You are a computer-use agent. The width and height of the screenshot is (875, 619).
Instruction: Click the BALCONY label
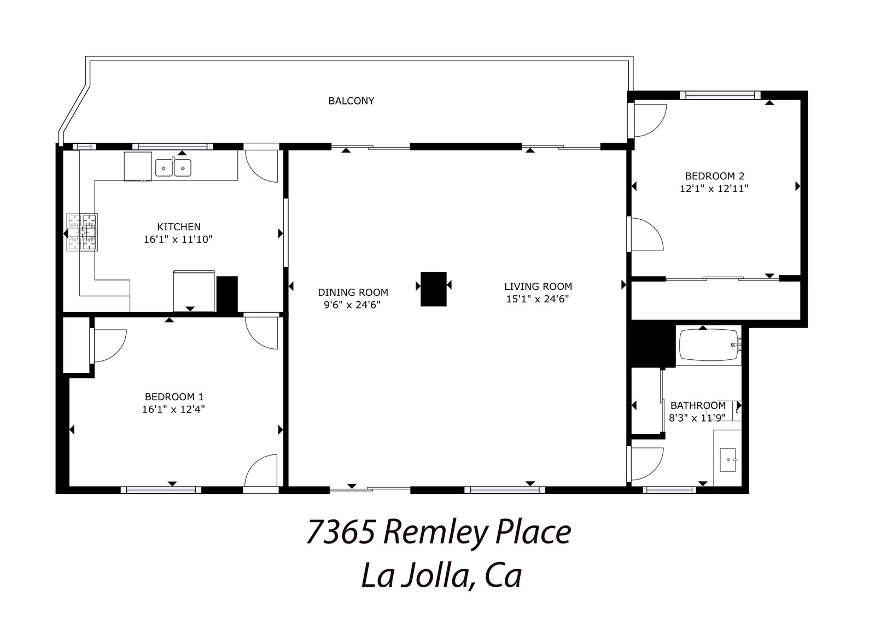click(351, 101)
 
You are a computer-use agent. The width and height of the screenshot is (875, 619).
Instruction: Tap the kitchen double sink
click(173, 167)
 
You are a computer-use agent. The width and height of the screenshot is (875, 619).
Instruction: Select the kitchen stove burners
click(81, 232)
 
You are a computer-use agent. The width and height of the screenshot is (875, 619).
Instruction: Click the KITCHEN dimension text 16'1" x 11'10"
click(178, 239)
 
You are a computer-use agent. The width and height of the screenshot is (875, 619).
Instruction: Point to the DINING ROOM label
click(353, 292)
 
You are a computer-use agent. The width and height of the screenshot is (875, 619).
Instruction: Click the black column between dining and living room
click(434, 289)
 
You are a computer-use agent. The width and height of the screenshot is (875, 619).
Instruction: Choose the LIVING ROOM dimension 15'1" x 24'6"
click(538, 299)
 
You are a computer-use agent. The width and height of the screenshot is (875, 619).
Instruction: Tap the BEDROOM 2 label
click(715, 176)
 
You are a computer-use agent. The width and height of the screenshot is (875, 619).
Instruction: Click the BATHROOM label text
click(698, 405)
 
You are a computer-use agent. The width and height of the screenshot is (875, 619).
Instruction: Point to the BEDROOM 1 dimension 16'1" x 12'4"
click(173, 409)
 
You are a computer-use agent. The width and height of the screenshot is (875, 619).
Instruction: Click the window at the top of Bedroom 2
click(720, 95)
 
